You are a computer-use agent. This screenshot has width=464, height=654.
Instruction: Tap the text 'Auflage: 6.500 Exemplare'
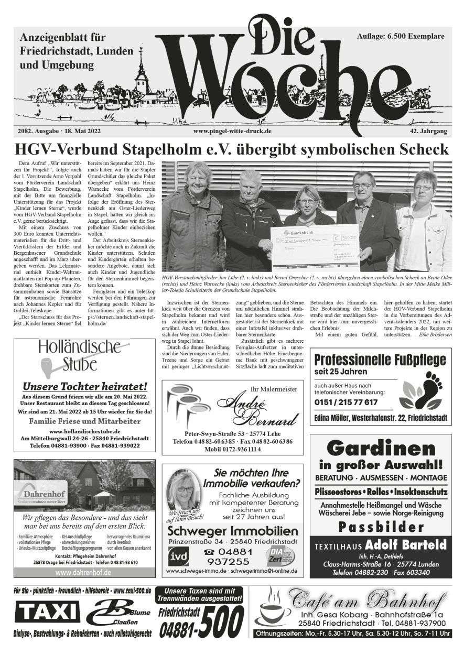(400, 36)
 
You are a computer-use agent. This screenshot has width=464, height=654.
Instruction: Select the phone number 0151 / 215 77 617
(346, 402)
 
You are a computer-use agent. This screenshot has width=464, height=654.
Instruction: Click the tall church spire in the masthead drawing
(141, 73)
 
